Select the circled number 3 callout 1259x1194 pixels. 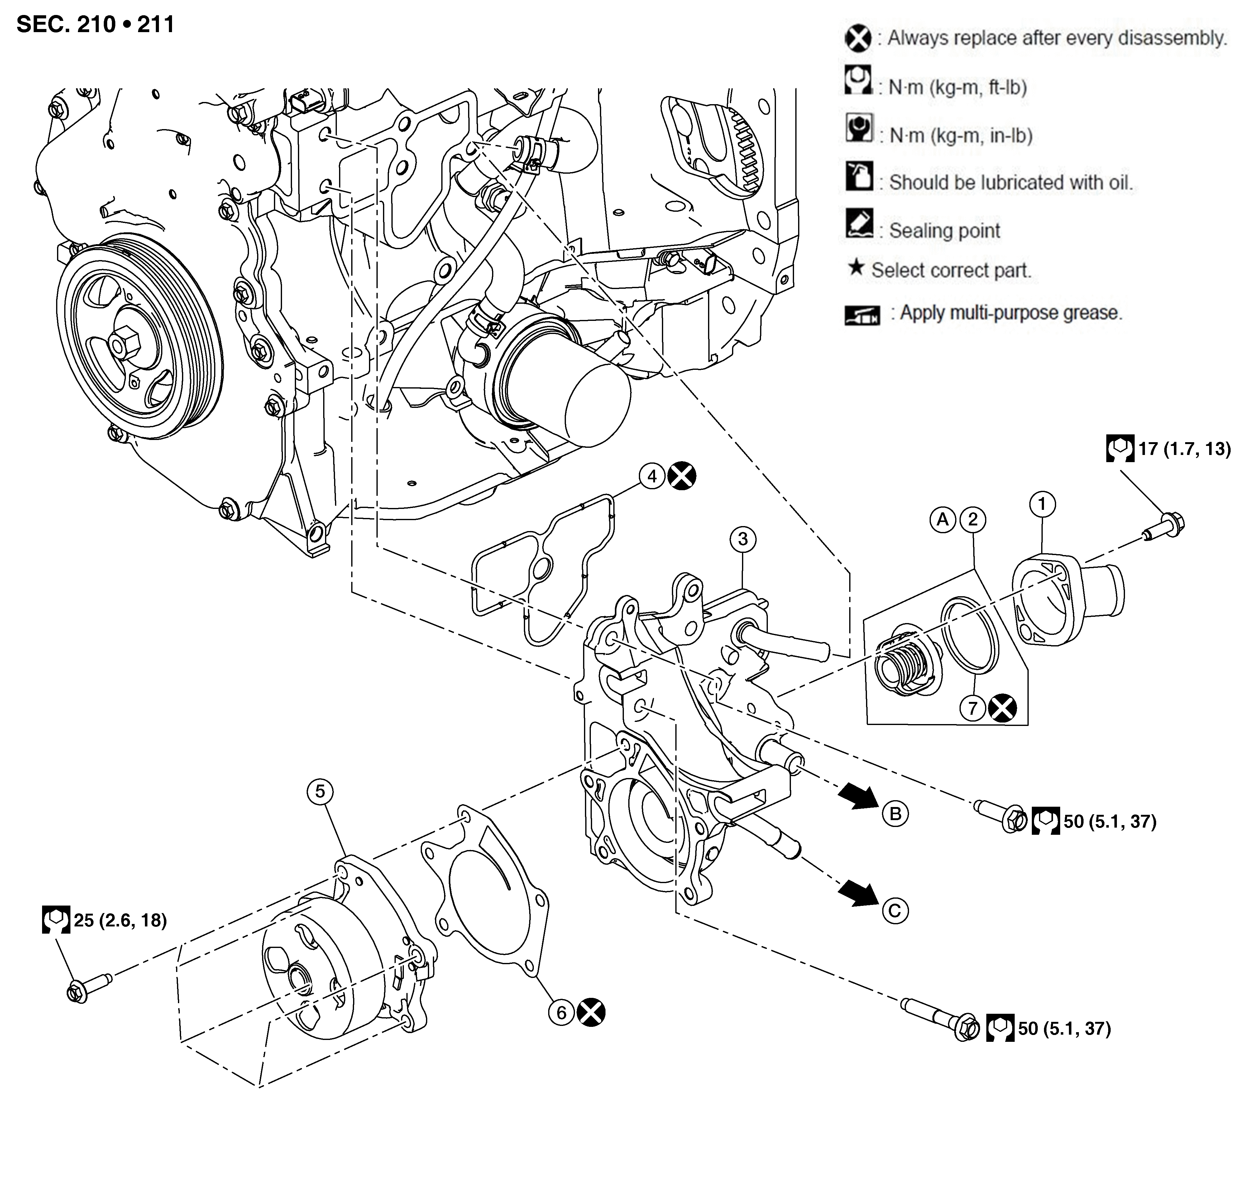[743, 539]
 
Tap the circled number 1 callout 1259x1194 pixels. [1042, 504]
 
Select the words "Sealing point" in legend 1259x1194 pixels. [945, 230]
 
